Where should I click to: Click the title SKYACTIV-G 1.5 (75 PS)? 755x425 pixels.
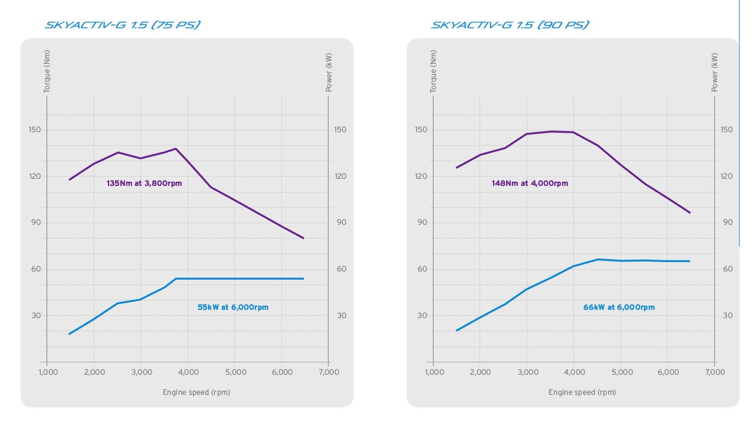tap(122, 25)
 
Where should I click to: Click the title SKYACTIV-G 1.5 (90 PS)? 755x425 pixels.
tap(510, 25)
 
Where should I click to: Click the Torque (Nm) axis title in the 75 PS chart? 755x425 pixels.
tap(47, 71)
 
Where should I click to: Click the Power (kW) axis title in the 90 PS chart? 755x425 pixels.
tap(715, 73)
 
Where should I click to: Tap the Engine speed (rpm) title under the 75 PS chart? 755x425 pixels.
tap(196, 392)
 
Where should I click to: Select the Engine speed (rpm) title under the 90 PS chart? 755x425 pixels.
tap(582, 392)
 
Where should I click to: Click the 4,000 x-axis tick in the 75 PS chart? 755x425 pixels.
tap(188, 372)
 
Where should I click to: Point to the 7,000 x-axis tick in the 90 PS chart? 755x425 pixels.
tap(714, 372)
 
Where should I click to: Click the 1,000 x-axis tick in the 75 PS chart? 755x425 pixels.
tap(48, 372)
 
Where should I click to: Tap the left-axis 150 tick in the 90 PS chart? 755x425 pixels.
tap(421, 130)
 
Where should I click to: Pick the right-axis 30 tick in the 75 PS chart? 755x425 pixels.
tap(342, 316)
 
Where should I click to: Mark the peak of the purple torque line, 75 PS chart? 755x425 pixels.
tap(176, 149)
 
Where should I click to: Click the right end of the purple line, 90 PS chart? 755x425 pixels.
tap(690, 212)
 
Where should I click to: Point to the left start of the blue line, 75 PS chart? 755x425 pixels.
tap(70, 334)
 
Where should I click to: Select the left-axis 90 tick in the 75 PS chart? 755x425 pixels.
tap(34, 223)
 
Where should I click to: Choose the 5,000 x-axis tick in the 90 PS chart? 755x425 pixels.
tap(621, 372)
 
